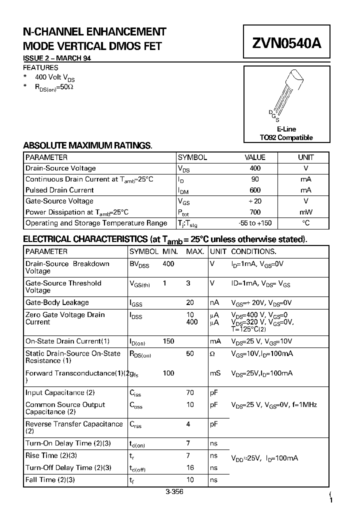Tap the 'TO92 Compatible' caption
click(286, 137)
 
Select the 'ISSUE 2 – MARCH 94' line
click(57, 58)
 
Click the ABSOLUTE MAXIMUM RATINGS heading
click(87, 145)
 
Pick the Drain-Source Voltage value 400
click(255, 168)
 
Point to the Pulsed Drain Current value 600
click(255, 190)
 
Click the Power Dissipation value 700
click(255, 212)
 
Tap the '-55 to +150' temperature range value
click(255, 223)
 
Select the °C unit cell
click(306, 223)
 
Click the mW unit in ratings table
click(306, 212)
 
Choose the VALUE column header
click(255, 157)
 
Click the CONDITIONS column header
click(253, 251)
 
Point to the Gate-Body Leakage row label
click(57, 302)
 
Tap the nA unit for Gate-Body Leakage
click(214, 302)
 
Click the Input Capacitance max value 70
click(190, 393)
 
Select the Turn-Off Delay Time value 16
click(190, 467)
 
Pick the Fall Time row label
click(50, 479)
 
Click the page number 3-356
click(174, 492)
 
